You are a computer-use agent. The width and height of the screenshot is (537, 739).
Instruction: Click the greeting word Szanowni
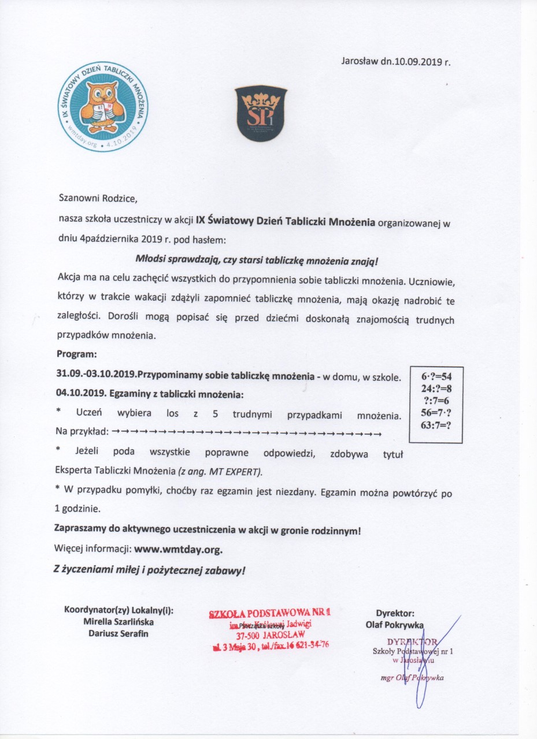(79, 199)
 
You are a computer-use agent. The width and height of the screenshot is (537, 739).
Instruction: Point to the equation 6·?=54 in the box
(435, 377)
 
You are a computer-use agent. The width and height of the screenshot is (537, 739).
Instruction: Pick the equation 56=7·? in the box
(435, 413)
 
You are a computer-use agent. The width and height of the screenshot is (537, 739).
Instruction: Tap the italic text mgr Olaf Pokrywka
(412, 678)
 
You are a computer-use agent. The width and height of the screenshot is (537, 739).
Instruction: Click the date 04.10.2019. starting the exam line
(83, 395)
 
